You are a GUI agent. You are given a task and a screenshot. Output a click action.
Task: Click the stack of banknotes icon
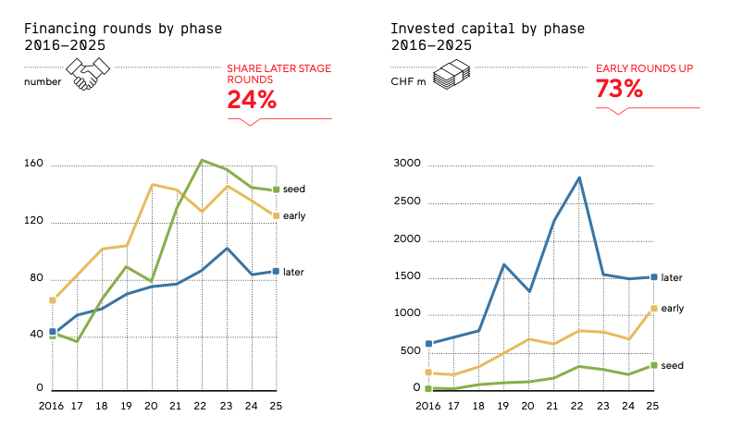coord(452,74)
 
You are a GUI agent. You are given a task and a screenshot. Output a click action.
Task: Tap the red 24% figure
coord(252,101)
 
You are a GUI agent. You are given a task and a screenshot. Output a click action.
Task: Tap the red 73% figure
coord(619,89)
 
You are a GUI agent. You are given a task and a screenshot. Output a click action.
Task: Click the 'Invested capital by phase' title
coord(487,28)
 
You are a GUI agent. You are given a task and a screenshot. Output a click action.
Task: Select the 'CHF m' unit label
coord(409,81)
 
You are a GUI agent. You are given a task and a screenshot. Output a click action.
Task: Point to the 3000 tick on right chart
coord(407,164)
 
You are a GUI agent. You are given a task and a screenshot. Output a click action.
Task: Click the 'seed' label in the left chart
coord(293,189)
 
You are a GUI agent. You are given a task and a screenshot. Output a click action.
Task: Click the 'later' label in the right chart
coord(673,276)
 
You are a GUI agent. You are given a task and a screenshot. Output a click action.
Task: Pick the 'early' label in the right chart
coord(673,308)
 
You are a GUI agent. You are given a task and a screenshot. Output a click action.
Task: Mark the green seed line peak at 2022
coord(202,160)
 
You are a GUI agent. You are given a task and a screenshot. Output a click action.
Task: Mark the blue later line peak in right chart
coord(579,177)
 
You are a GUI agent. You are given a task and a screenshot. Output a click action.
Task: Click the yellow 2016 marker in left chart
coord(53,299)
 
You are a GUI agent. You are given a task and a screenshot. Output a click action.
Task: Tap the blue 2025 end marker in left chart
coord(276,272)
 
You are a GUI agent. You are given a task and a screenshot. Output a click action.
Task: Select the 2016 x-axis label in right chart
coord(427,405)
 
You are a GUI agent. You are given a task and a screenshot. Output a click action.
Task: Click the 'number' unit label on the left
coord(42,81)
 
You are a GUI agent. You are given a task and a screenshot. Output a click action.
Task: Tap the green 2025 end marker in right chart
coord(653,365)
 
